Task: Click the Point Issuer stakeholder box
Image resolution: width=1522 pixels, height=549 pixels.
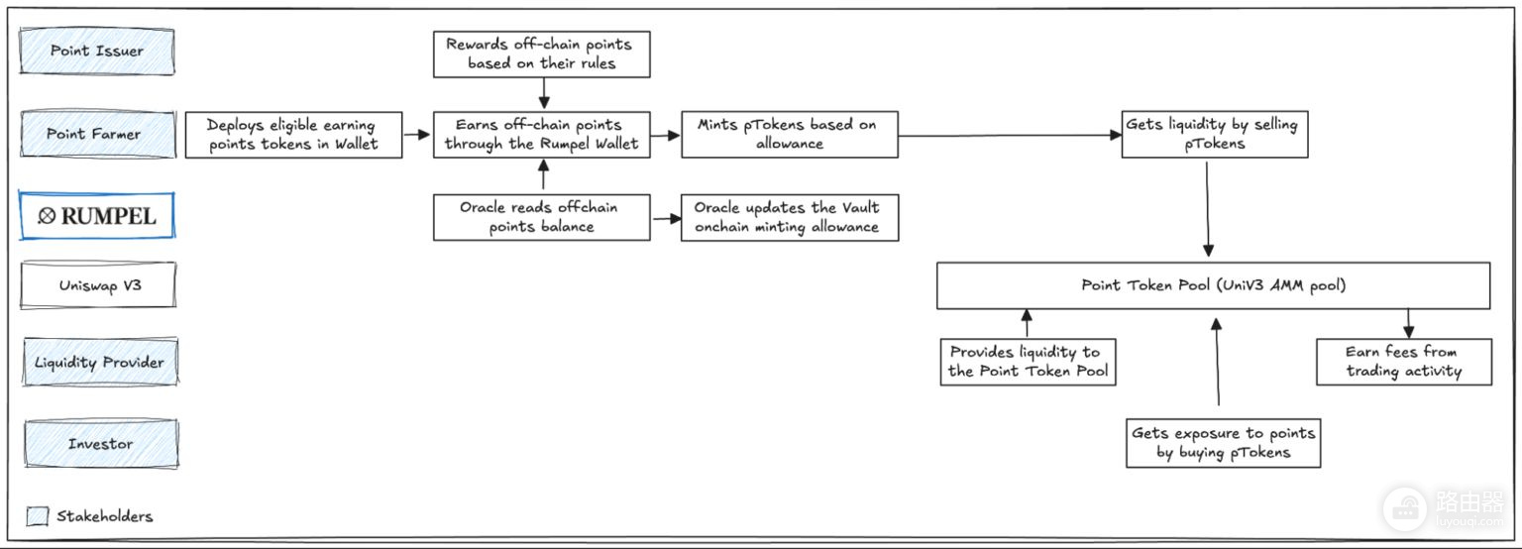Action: click(x=97, y=51)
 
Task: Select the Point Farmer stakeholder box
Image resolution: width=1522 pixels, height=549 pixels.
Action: click(x=98, y=134)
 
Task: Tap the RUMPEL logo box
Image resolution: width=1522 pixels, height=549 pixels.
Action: click(x=96, y=216)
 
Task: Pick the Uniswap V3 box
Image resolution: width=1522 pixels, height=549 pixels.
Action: click(x=98, y=285)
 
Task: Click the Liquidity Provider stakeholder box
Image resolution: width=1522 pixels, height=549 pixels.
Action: click(x=100, y=362)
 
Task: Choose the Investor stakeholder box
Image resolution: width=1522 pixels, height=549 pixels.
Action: click(x=101, y=444)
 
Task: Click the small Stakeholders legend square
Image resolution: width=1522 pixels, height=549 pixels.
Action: click(x=38, y=515)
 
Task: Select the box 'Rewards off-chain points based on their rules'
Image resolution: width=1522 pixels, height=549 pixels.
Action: click(x=542, y=54)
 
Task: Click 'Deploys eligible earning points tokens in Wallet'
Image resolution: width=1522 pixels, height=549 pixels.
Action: click(x=293, y=135)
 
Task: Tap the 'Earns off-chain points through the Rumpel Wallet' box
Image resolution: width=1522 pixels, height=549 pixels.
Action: click(x=542, y=135)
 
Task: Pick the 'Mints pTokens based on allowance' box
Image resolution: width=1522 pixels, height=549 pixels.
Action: click(x=790, y=135)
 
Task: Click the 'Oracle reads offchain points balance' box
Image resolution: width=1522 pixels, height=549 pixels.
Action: click(x=542, y=217)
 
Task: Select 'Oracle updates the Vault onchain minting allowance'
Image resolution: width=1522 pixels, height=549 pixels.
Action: click(x=790, y=217)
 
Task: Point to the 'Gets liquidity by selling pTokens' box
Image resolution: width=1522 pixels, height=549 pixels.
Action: click(x=1215, y=135)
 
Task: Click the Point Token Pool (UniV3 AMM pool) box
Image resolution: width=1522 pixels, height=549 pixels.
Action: click(x=1214, y=285)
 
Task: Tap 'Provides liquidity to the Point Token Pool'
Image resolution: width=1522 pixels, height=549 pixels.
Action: click(x=1028, y=362)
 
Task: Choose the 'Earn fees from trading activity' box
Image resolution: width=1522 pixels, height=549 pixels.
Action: click(x=1404, y=362)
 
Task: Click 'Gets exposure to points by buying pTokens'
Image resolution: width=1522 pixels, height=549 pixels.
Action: click(x=1224, y=443)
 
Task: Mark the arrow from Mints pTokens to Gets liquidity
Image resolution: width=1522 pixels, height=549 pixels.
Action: click(x=1010, y=135)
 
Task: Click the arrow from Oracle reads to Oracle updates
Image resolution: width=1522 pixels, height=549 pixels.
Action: click(x=667, y=219)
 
